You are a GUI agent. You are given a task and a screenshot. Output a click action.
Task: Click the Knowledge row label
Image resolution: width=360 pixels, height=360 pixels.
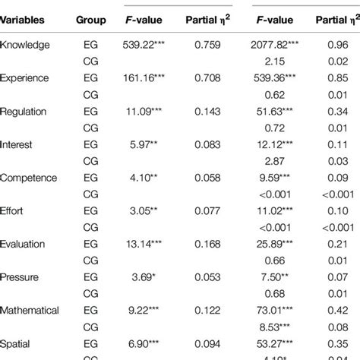point(25,45)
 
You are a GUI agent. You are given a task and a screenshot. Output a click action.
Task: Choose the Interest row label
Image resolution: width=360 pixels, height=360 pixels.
point(17,144)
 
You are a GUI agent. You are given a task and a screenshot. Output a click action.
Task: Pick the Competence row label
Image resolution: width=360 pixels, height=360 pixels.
point(29,178)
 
